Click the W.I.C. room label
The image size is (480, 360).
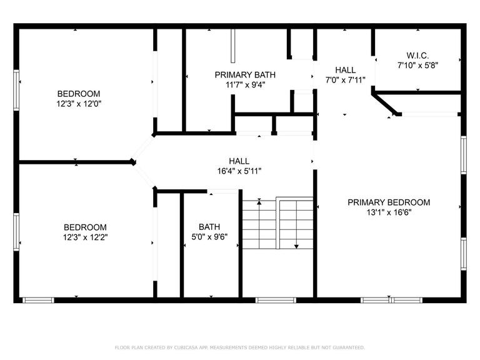point(417,56)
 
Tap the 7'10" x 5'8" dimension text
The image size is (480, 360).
point(418,65)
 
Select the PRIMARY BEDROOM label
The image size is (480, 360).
point(389,202)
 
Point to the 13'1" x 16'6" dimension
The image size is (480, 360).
point(389,212)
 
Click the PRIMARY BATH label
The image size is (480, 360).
point(245,75)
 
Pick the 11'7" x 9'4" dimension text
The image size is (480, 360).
point(245,84)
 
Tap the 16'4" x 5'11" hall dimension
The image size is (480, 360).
point(239,171)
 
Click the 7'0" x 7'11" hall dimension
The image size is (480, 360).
point(345,80)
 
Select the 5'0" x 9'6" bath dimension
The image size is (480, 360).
point(209,237)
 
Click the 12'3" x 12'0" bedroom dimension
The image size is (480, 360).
point(79,104)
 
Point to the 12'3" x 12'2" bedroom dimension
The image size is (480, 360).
point(86,237)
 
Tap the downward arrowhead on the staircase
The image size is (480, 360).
point(296,246)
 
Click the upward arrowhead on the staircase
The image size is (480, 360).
point(259,202)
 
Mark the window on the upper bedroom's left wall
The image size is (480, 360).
point(16,90)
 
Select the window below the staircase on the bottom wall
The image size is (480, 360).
point(276,300)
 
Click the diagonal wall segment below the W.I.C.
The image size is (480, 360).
point(384,104)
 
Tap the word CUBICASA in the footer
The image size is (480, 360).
point(186,347)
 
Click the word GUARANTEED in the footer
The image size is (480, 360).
point(349,347)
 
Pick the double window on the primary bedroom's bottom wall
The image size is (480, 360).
point(391,300)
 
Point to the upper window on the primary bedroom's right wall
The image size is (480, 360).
point(464,155)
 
